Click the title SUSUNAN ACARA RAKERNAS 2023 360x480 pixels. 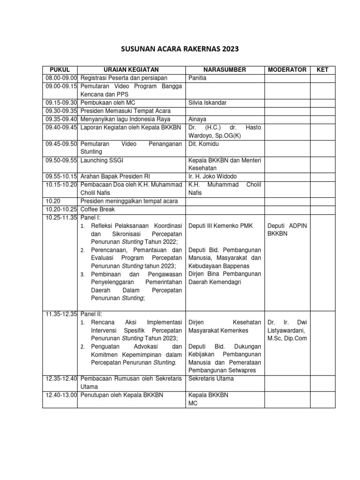180,48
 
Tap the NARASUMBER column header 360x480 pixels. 225,69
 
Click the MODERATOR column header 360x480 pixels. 287,69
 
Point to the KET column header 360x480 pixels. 323,69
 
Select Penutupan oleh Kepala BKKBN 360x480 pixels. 121,395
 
